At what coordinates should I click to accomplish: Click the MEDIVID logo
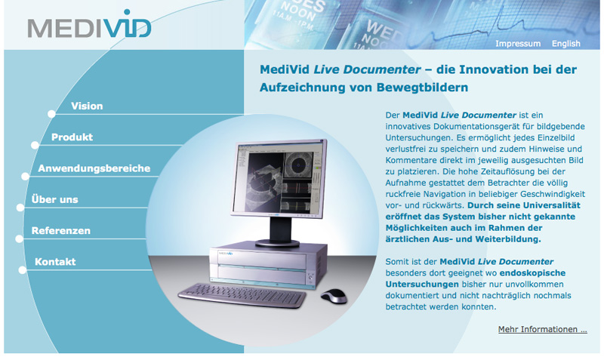89,25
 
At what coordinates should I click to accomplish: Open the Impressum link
518,44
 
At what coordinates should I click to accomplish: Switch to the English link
565,44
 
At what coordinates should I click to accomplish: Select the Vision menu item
87,106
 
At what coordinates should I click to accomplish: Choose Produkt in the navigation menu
72,137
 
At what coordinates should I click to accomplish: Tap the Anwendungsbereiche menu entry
94,168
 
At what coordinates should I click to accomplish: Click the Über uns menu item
54,199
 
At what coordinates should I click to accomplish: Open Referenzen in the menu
61,231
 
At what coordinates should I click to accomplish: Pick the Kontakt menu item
55,262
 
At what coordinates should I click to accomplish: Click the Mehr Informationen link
542,329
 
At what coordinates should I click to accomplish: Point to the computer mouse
334,296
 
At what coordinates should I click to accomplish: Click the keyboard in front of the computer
242,296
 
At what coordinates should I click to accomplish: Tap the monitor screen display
279,178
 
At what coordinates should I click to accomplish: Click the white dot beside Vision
51,114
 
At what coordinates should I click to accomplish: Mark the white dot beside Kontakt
23,270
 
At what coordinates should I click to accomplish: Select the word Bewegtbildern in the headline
422,88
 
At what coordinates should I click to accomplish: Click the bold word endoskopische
532,273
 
